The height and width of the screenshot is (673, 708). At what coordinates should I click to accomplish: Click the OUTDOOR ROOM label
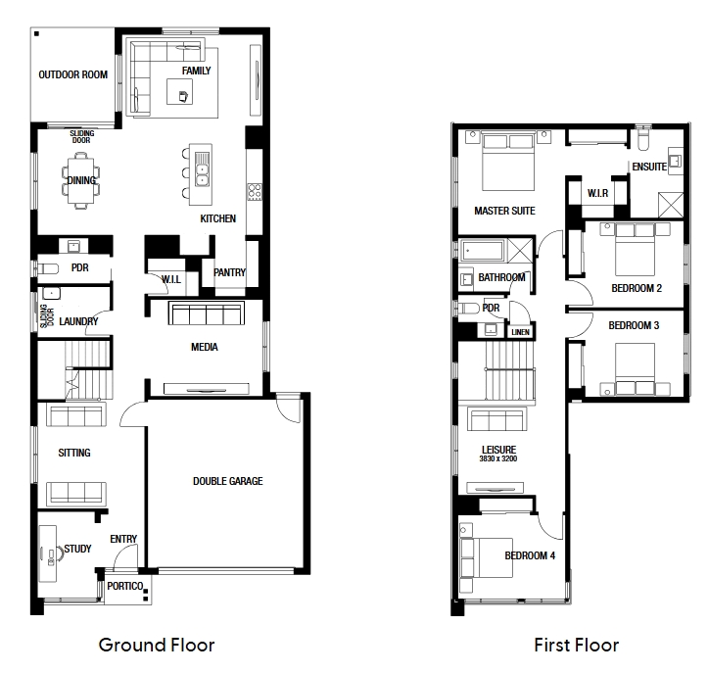(73, 74)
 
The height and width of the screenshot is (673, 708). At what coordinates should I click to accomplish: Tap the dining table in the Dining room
(81, 180)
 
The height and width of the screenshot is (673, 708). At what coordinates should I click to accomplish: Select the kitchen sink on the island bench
(203, 168)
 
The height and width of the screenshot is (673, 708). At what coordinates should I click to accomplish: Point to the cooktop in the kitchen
(255, 191)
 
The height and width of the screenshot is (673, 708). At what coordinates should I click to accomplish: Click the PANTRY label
(229, 272)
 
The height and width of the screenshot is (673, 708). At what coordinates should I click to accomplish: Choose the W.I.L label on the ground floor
(171, 279)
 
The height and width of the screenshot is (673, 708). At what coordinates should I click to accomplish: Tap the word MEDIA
(205, 347)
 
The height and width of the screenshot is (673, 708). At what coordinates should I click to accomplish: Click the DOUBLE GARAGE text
(227, 481)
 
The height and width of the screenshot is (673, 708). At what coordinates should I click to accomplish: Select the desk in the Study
(47, 553)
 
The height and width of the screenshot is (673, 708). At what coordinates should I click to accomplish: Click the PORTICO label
(125, 586)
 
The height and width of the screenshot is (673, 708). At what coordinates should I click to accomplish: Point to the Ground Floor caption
(157, 645)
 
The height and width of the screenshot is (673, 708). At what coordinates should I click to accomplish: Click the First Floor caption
(576, 645)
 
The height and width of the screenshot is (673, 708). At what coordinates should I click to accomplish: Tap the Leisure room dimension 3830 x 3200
(498, 458)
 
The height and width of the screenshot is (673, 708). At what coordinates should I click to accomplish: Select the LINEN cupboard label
(521, 332)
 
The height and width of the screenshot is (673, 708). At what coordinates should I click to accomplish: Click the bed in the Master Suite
(508, 162)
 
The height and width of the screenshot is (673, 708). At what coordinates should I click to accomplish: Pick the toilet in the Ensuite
(643, 140)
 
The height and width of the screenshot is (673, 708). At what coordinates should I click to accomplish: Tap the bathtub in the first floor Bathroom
(482, 250)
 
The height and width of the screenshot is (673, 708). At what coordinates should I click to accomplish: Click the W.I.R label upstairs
(597, 193)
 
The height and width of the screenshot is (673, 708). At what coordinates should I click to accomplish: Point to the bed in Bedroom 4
(487, 557)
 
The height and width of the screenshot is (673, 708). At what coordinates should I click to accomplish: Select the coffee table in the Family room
(180, 92)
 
